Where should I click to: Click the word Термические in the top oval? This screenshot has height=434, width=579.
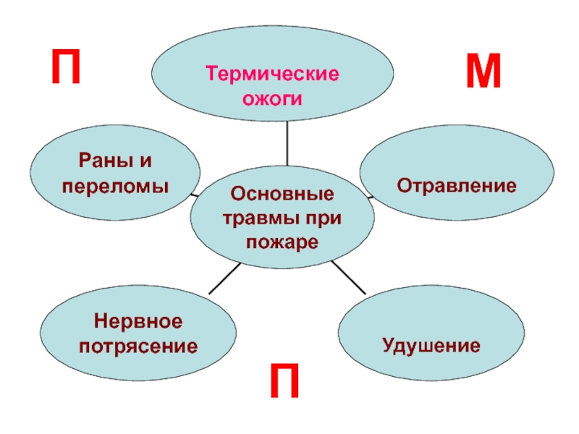pos(272,75)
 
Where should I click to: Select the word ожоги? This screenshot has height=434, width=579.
pos(271,99)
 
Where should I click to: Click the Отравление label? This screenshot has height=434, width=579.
pos(456,186)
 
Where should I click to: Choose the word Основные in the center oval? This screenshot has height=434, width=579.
pos(282,194)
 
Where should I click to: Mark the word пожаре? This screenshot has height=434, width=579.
pos(282,242)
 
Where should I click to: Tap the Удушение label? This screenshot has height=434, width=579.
pos(431,344)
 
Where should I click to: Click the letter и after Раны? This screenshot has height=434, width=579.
pos(146,161)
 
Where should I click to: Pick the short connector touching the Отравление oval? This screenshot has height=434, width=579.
pos(369,196)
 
